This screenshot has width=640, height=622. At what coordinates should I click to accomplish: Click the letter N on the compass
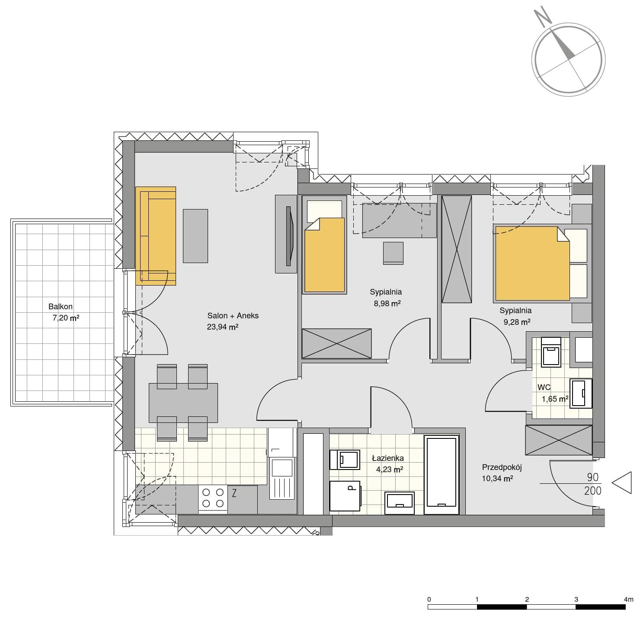point(542,18)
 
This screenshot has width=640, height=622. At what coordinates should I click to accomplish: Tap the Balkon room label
point(60,307)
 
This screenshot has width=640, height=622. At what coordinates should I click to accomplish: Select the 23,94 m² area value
point(222,327)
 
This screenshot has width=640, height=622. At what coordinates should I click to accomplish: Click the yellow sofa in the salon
point(156,235)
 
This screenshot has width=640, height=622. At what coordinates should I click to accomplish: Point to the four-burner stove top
point(213,498)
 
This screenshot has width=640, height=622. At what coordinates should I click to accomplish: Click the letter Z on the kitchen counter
point(234,493)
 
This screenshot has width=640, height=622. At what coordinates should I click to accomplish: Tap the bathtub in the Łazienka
point(442,475)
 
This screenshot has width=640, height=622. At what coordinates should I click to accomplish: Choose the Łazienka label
point(388,458)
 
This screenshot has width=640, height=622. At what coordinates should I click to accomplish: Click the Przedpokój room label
point(502,467)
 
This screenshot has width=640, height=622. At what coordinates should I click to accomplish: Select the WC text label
point(544,387)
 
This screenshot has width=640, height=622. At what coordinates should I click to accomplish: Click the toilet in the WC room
point(551,352)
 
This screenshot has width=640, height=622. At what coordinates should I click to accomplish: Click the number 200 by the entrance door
point(593,491)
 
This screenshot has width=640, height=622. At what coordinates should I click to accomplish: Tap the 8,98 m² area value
point(387,303)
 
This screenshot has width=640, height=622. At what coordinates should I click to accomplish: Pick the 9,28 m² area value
point(517,322)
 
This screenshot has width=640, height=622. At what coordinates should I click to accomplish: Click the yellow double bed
point(532,263)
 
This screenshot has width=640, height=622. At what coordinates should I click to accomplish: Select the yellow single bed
point(324,255)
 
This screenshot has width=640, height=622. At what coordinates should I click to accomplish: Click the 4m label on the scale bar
point(628,600)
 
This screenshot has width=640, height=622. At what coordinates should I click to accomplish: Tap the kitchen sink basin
point(282,468)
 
